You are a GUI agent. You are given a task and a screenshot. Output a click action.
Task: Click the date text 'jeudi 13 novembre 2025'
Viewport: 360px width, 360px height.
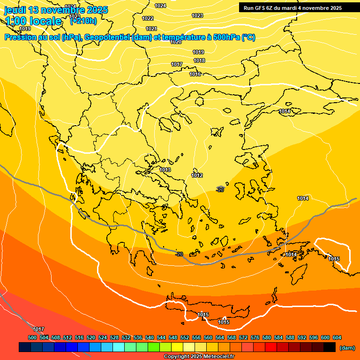click(x=56, y=10)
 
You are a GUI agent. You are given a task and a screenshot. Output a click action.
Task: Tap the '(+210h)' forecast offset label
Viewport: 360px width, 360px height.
click(x=83, y=21)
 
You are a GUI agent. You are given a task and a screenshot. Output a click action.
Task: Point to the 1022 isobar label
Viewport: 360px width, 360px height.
click(x=148, y=18)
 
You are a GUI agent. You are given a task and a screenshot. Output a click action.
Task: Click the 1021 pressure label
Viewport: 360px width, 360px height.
click(x=151, y=29)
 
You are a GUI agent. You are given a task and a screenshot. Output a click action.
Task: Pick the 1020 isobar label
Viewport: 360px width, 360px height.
click(x=176, y=42)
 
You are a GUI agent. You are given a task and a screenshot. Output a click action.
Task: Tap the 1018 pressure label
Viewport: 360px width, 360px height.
click(x=199, y=60)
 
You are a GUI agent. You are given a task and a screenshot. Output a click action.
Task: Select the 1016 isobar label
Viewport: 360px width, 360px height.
click(x=195, y=75)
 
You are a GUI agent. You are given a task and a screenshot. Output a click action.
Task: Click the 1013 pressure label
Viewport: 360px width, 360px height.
click(x=165, y=170)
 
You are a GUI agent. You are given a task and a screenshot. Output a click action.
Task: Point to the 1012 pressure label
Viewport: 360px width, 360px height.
click(x=197, y=175)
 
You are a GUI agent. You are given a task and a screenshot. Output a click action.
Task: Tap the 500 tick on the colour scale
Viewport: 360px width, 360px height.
click(x=32, y=337)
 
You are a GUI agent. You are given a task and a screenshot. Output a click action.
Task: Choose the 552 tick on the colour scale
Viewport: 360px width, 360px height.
click(x=185, y=337)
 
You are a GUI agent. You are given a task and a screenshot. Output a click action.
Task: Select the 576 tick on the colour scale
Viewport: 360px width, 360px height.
click(x=255, y=337)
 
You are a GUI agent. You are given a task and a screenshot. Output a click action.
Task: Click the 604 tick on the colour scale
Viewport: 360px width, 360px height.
click(x=337, y=337)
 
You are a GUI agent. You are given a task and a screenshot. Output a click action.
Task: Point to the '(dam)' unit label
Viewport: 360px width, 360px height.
click(x=347, y=347)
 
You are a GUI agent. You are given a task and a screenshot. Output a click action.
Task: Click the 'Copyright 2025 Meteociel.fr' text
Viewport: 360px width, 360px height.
click(x=199, y=356)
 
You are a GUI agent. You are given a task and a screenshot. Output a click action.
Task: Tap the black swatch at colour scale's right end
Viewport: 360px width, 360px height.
click(x=330, y=347)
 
